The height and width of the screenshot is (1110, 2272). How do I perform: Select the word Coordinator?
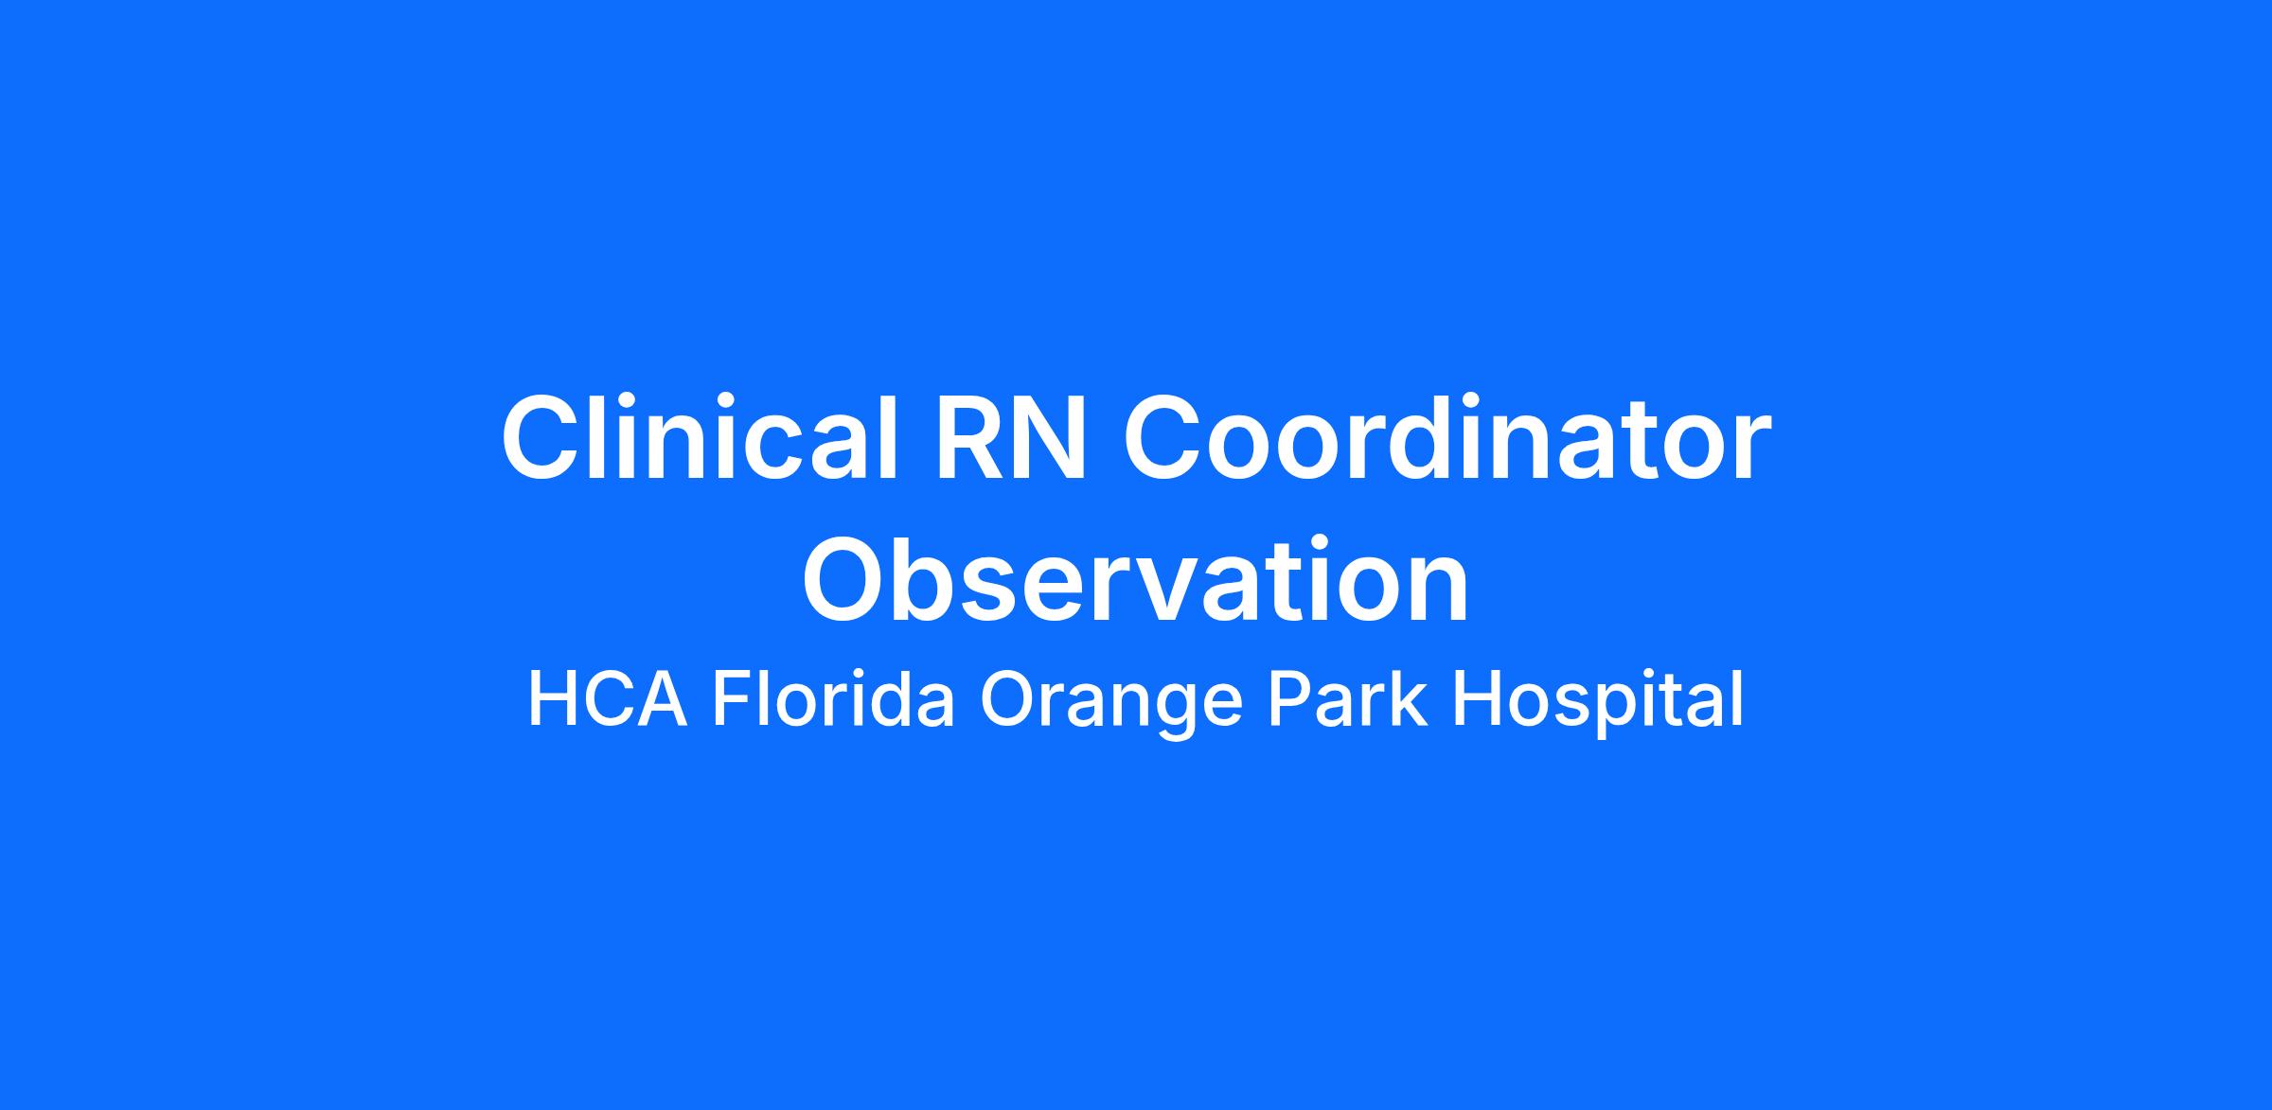tap(1447, 437)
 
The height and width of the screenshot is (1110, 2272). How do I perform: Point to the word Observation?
tap(1136, 579)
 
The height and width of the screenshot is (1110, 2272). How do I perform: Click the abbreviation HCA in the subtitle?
tap(607, 700)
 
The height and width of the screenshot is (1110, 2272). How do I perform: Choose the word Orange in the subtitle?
tap(1110, 705)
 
